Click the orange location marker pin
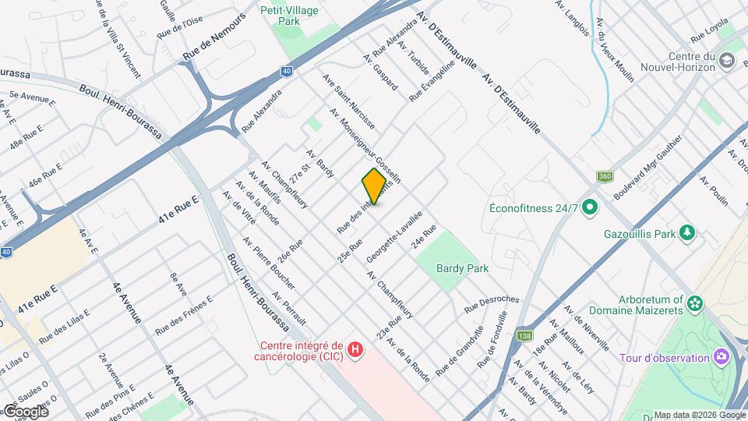[x=374, y=186]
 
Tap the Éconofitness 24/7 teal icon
[x=590, y=208]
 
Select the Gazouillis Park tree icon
[x=687, y=233]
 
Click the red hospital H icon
[x=355, y=350]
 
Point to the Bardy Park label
[x=462, y=268]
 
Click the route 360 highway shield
[x=605, y=176]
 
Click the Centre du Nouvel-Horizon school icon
[x=726, y=61]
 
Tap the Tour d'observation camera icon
[x=722, y=357]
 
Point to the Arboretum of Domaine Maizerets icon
[x=696, y=302]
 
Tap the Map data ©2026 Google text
[x=698, y=415]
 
